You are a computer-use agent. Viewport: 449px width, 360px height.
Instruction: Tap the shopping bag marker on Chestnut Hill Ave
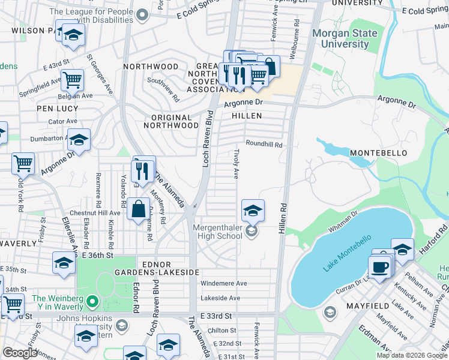[139, 209]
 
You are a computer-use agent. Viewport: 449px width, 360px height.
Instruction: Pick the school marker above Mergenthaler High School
[253, 210]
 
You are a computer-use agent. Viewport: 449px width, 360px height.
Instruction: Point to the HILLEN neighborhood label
[247, 115]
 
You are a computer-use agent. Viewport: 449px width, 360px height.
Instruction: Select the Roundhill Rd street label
[264, 145]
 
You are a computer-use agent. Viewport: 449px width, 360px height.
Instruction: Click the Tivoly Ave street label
[237, 164]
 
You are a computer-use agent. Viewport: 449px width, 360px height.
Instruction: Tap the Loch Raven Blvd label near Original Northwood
[208, 138]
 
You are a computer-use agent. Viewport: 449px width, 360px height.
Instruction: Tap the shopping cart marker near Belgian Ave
[72, 79]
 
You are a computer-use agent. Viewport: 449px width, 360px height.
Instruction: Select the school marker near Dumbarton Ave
[79, 140]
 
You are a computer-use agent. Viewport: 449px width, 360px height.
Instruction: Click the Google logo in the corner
[20, 353]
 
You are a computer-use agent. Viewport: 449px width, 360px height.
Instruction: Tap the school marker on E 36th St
[64, 262]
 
